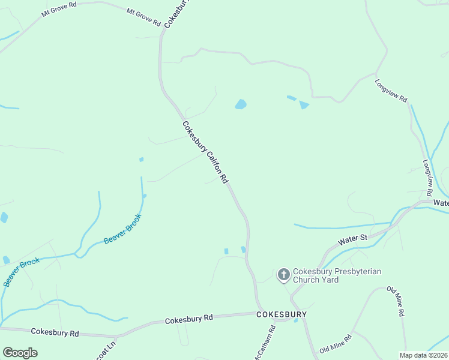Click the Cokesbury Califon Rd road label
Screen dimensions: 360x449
205,153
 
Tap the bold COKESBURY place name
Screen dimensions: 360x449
282,314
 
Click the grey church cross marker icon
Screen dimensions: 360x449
283,275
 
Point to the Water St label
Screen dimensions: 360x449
352,239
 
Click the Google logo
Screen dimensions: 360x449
20,353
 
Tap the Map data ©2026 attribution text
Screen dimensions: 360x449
424,355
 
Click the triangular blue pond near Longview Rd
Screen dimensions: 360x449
304,105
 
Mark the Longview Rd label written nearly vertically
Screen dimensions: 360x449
427,178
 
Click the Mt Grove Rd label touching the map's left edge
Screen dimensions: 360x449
59,11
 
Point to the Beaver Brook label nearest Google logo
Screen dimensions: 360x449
22,271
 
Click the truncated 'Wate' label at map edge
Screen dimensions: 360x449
441,203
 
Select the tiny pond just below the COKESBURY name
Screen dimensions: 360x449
295,320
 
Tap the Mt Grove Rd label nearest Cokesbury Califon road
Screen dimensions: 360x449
144,17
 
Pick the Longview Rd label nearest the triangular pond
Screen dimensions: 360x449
391,91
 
